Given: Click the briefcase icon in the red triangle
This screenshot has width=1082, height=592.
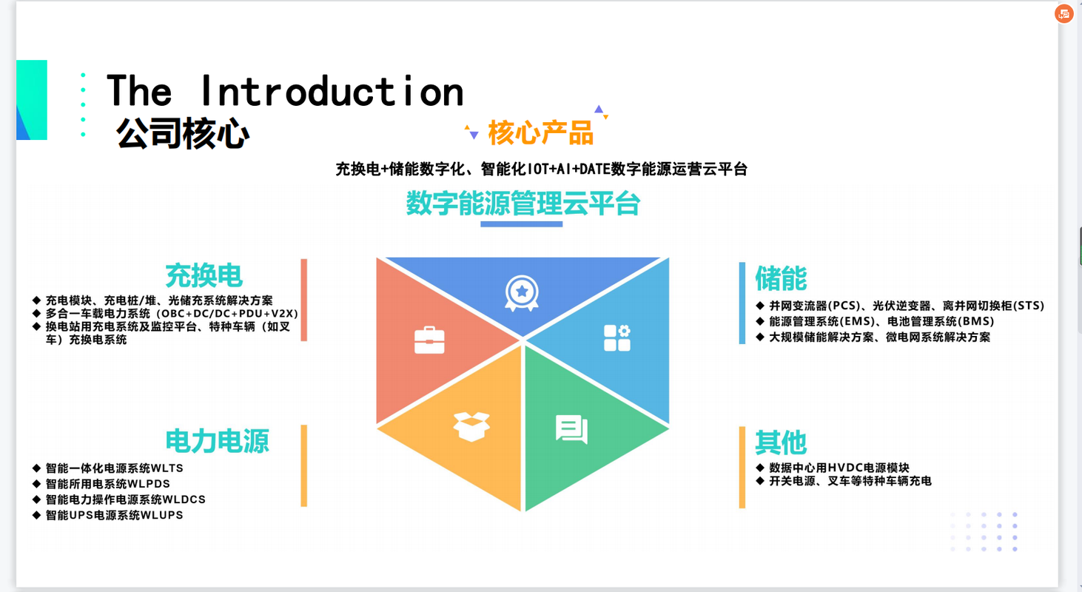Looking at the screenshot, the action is pos(429,340).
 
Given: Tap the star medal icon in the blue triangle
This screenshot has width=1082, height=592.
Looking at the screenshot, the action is pos(522,293).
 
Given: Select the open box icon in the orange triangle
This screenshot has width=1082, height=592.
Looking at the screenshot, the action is pos(471,426).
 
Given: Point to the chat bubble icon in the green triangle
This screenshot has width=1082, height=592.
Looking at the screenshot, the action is pos(572,429).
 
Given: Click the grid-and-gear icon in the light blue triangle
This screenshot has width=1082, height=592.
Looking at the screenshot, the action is pos(616,337).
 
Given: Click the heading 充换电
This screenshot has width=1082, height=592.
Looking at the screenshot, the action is pos(204,276).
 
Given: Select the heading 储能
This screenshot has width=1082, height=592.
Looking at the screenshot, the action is pos(781,278).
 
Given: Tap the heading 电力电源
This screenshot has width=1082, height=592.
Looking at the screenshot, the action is pos(217,441).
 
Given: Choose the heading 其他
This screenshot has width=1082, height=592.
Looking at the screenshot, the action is pos(781,443).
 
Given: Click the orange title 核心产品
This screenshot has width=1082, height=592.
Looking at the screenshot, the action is pos(540,132).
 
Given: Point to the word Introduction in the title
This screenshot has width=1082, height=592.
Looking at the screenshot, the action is pos(332,91).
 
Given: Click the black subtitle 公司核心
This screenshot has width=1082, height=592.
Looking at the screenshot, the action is pos(183,133).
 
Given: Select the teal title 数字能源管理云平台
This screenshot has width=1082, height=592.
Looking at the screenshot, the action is pos(523,203).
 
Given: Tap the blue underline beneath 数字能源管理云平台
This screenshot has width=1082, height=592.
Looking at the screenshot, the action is pos(522,224).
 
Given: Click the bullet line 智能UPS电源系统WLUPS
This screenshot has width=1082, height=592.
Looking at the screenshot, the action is pos(115,515).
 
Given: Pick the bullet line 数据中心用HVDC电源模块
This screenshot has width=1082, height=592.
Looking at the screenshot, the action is pos(839,468).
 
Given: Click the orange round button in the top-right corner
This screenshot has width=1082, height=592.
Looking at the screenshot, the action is pos(1064,14).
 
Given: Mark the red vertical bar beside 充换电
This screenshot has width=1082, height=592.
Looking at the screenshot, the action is pos(304,300).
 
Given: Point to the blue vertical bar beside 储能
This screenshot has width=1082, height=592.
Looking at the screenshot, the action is pos(742,303).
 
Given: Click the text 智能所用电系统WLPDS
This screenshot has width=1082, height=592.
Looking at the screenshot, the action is pos(108,484).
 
